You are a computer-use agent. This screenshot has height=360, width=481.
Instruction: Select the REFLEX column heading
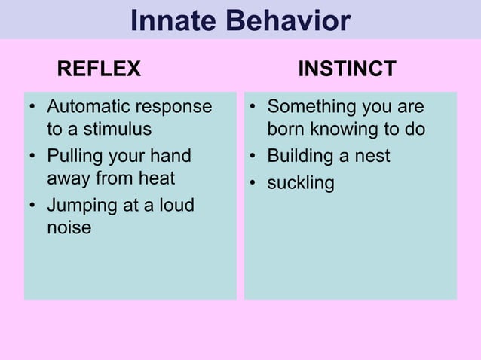[99, 69]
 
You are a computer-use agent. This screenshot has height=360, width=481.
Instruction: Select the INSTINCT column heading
[348, 69]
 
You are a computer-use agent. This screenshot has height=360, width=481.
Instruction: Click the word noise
[69, 227]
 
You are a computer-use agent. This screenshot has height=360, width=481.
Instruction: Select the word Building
[299, 156]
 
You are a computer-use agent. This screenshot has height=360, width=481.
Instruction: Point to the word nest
[372, 156]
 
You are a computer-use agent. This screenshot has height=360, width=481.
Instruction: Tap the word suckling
[300, 183]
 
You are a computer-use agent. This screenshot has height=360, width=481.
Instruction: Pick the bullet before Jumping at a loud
[32, 205]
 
